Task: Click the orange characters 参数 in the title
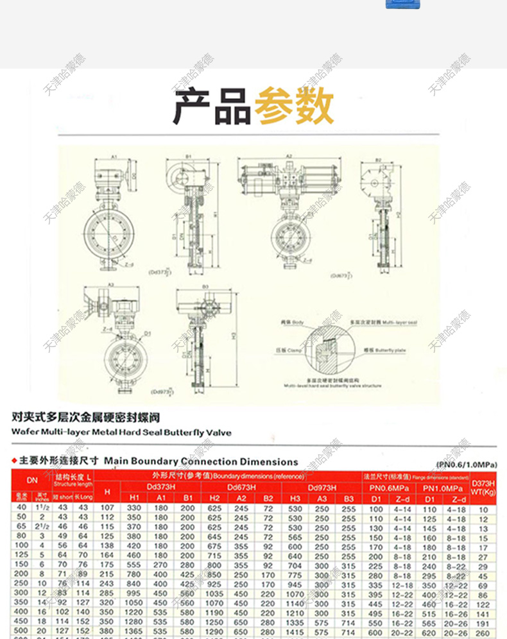(294, 107)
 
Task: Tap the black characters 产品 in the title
(212, 107)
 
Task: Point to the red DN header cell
(32, 480)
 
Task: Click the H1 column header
(134, 498)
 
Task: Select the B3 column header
(348, 498)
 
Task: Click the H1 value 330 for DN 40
(134, 508)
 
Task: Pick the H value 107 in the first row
(107, 508)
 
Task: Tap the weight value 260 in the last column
(483, 633)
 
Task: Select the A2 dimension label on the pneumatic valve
(289, 156)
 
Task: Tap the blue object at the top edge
(402, 4)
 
